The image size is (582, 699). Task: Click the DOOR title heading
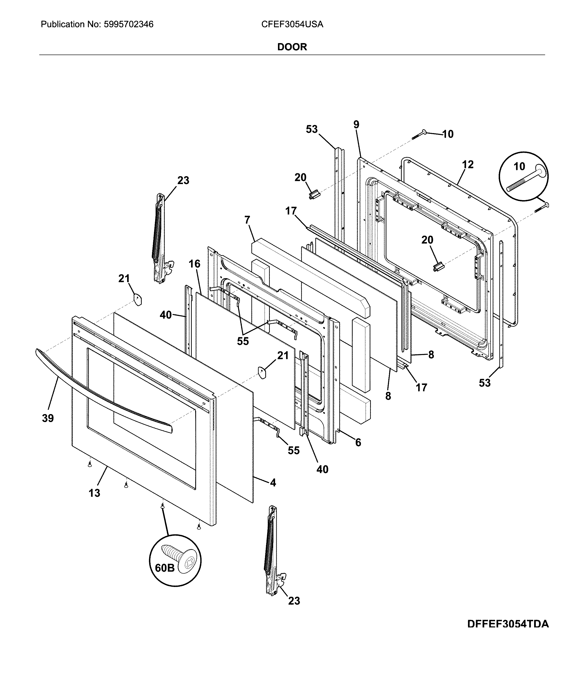point(292,47)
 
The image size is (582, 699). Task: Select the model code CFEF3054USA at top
point(292,24)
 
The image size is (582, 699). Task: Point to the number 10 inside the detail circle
point(519,166)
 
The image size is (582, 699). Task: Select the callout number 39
point(48,418)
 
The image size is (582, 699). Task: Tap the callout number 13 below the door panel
point(94,493)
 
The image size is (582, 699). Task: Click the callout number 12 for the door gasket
point(468,164)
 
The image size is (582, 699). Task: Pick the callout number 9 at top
point(356,125)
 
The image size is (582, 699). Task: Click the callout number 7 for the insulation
point(247,220)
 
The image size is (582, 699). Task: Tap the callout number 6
point(358,442)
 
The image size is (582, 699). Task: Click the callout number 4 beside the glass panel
point(273,483)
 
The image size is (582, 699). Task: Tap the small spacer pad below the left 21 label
point(137,299)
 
